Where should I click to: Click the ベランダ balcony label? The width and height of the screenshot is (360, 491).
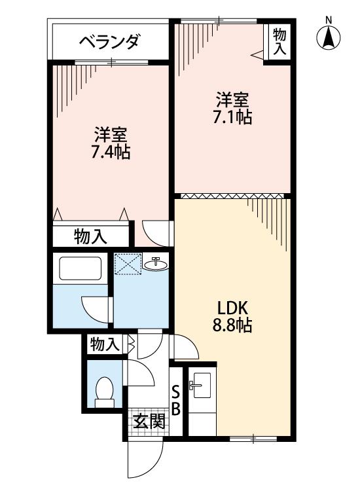tap(109, 42)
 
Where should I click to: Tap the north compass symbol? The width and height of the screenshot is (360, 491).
tap(329, 37)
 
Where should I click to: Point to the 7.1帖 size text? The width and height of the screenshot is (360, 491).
tap(232, 117)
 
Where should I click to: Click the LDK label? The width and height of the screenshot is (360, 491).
tap(233, 308)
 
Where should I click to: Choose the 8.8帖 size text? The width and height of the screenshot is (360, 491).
tap(232, 325)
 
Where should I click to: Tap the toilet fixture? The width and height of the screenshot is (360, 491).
tap(104, 392)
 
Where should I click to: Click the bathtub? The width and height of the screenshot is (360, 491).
tap(81, 268)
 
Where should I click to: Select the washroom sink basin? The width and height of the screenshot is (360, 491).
tap(156, 264)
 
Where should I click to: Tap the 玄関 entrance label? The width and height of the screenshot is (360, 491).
tap(149, 422)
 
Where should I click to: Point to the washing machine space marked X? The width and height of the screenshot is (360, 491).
tap(128, 264)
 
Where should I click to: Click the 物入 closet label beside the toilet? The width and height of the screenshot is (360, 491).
tap(105, 345)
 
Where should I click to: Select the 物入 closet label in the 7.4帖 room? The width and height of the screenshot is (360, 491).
tap(90, 236)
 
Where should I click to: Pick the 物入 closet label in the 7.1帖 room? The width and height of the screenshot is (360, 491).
tap(279, 41)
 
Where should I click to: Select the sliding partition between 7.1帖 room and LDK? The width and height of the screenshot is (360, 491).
tap(232, 196)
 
